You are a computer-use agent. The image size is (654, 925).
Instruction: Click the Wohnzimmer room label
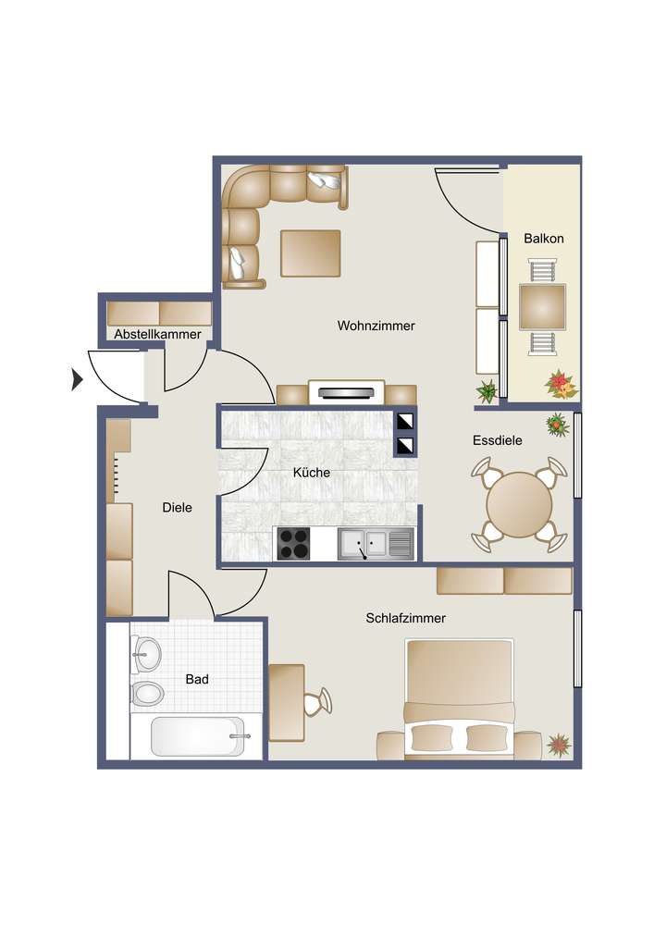click(x=376, y=325)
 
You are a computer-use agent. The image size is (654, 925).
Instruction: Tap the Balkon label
click(x=544, y=239)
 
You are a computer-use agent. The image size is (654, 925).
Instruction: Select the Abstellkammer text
click(x=157, y=334)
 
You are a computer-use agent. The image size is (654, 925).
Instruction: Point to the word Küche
click(x=312, y=473)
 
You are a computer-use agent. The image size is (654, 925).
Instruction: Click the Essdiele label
click(x=497, y=440)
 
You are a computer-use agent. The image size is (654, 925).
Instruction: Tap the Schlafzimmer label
click(x=406, y=618)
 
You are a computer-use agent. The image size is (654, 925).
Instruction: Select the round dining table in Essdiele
click(x=519, y=504)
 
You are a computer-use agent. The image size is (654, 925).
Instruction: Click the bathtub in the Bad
click(x=198, y=735)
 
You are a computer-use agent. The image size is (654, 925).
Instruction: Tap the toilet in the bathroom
click(x=147, y=693)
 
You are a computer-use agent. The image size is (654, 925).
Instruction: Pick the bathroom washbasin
click(x=147, y=654)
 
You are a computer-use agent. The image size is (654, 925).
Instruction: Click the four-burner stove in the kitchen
click(x=293, y=543)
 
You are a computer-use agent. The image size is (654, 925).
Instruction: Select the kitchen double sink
click(x=376, y=544)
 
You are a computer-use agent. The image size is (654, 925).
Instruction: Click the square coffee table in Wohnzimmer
click(x=311, y=253)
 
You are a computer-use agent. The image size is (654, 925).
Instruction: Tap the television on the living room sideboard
click(x=346, y=392)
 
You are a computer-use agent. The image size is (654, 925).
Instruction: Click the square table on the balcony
click(x=543, y=307)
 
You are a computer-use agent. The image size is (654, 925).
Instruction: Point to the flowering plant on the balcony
click(x=561, y=385)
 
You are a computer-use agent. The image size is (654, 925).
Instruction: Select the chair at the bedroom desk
click(x=318, y=701)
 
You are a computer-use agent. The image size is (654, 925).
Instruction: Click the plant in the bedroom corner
click(x=559, y=745)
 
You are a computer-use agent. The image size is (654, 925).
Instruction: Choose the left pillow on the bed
click(x=432, y=737)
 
